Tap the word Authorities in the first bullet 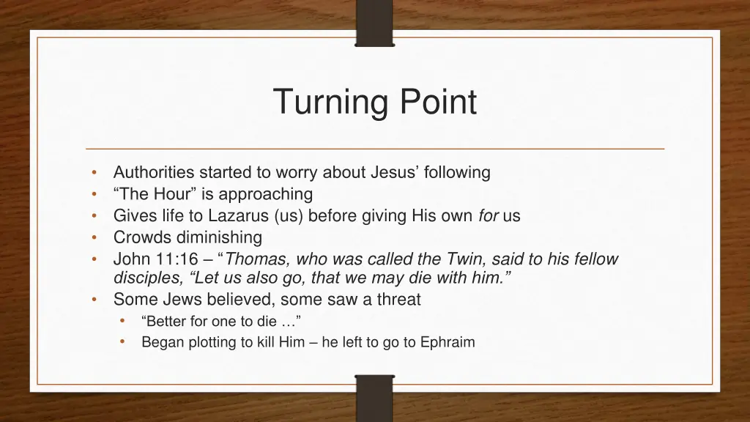[x=154, y=173]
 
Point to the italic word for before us [x=489, y=216]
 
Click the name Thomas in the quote [x=257, y=259]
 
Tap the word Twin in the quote [x=467, y=259]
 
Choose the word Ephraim [x=448, y=342]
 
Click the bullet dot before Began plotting [x=122, y=341]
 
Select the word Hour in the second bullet [x=171, y=194]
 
